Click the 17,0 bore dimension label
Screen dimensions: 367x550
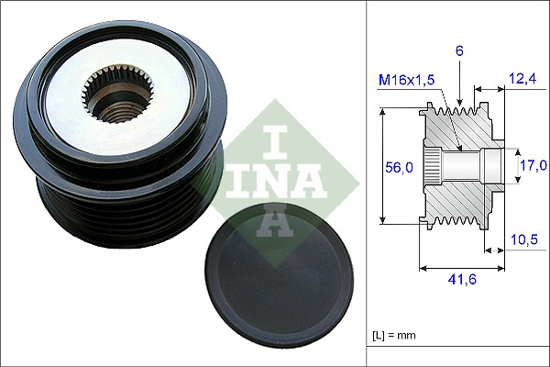(531, 165)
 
